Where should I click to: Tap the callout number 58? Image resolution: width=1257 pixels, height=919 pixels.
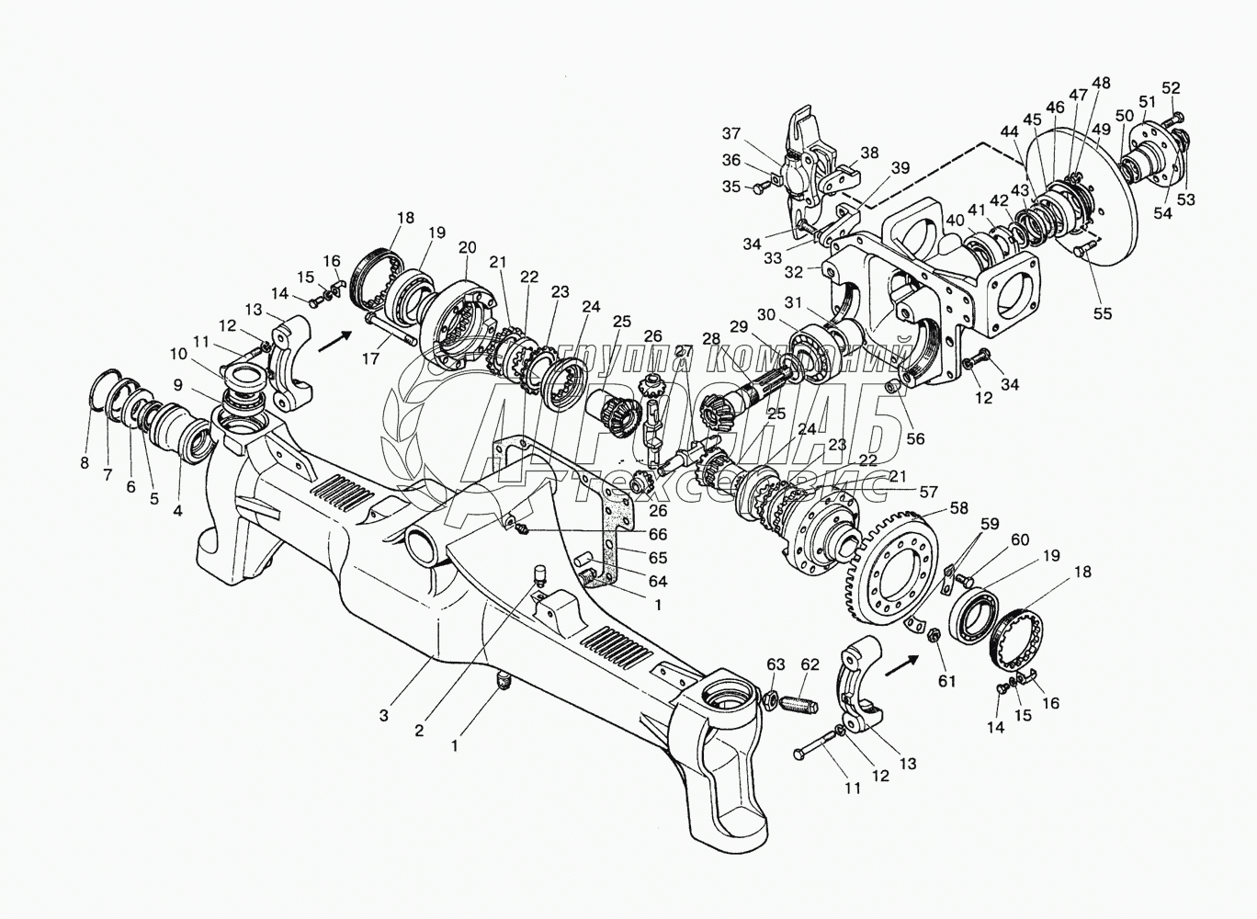(x=959, y=508)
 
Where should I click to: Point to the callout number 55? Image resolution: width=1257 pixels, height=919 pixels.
(x=1103, y=312)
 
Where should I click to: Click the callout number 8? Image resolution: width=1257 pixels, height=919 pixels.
(x=85, y=462)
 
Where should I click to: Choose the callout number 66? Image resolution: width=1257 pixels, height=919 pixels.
(x=658, y=534)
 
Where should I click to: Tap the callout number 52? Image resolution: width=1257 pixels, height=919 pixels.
(x=1171, y=88)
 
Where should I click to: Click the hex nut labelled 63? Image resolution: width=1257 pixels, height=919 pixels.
(x=774, y=702)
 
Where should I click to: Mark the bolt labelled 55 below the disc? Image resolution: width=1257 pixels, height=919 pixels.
(x=1082, y=245)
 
